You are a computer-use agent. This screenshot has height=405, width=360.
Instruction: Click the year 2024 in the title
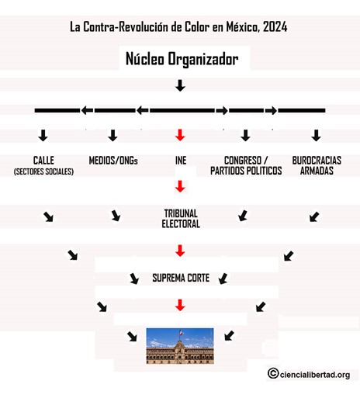[x=275, y=27]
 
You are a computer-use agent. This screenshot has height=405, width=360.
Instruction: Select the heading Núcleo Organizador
[x=182, y=59]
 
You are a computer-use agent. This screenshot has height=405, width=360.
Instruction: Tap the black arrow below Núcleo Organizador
[x=180, y=85]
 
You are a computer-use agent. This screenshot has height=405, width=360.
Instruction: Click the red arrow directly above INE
[x=180, y=135]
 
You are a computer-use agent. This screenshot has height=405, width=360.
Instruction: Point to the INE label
[x=181, y=161]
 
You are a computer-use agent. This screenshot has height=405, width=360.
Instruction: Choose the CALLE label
[x=43, y=161]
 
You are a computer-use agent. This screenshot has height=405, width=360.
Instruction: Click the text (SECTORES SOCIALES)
[x=43, y=171]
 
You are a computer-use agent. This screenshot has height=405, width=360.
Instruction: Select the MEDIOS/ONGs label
[x=113, y=161]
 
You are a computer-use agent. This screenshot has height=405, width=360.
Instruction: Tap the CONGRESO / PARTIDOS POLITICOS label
[x=246, y=165]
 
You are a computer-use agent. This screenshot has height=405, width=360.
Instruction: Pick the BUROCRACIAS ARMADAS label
[x=317, y=165]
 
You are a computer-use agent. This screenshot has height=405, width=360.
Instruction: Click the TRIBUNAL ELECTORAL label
[x=181, y=219]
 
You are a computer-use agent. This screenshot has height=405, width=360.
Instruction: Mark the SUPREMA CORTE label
[x=181, y=278]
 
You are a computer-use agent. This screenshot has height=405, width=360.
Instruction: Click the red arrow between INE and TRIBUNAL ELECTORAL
[x=180, y=186]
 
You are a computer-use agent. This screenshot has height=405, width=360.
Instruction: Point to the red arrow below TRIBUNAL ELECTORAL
[x=180, y=251]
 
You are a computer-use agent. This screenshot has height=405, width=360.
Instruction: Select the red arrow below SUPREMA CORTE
[x=180, y=305]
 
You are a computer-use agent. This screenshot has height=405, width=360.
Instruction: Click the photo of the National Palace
[x=180, y=346]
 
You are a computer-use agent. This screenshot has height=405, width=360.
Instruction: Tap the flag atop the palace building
[x=180, y=332]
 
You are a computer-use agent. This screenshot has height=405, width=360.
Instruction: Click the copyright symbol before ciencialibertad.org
[x=273, y=373]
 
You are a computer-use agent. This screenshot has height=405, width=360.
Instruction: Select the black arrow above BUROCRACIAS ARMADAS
[x=316, y=135]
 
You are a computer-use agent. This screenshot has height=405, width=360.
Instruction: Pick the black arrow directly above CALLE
[x=43, y=135]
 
